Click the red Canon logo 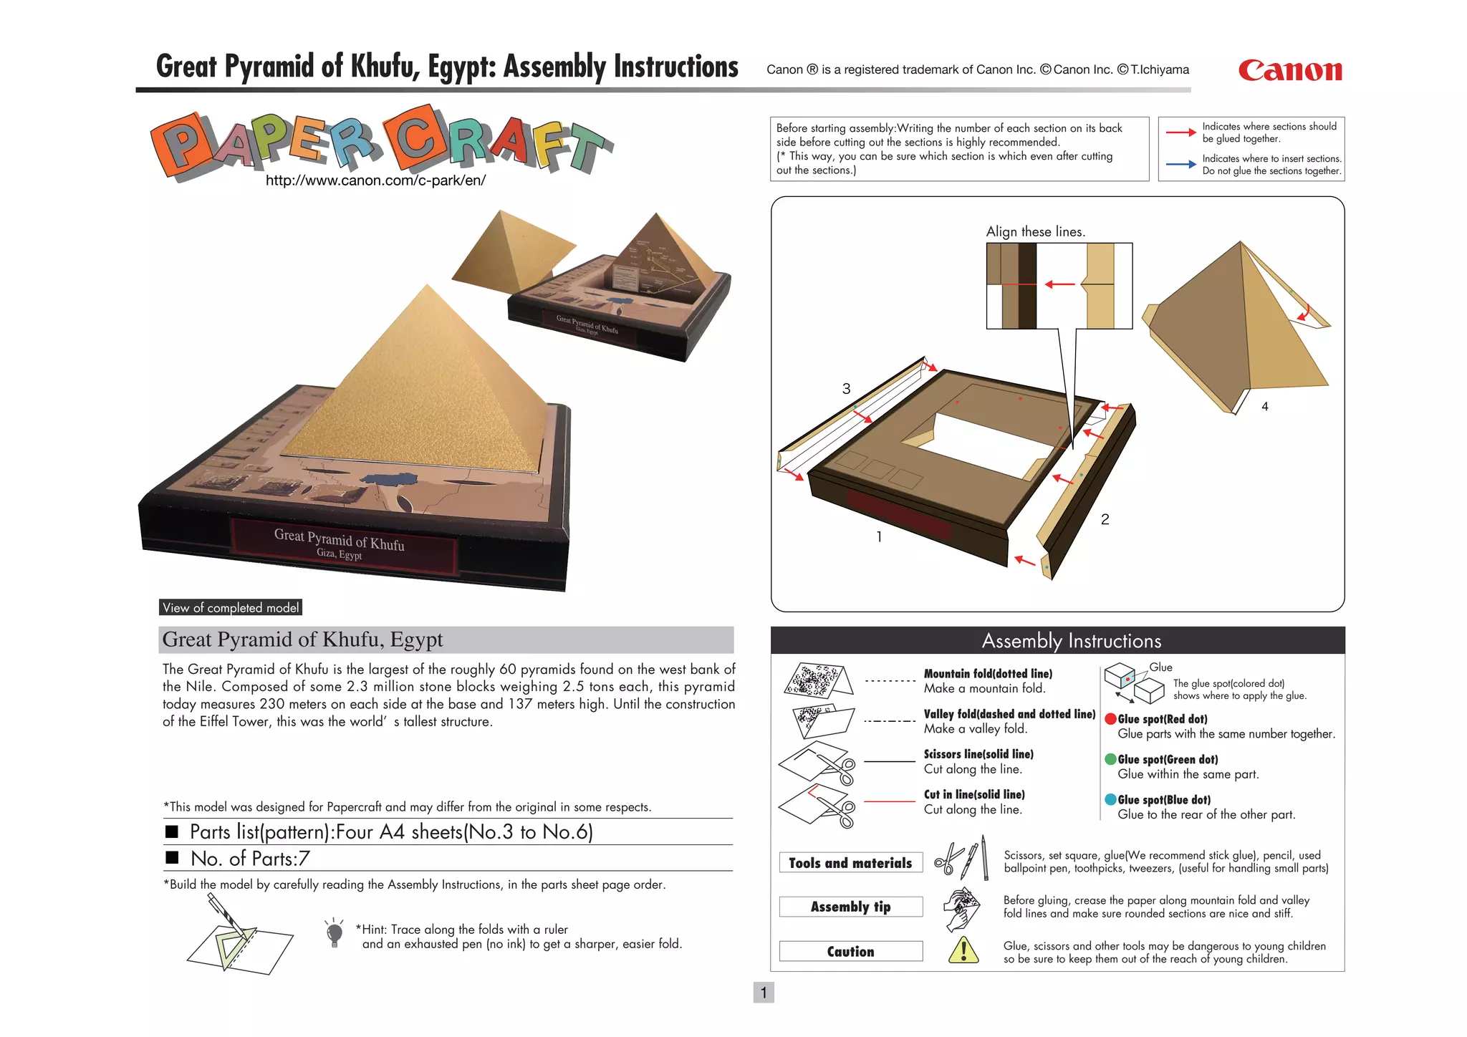point(1289,70)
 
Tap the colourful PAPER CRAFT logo point(381,141)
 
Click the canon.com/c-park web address point(375,180)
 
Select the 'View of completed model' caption point(230,607)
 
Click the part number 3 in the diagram point(846,389)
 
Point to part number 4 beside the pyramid point(1264,407)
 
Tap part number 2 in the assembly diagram point(1105,519)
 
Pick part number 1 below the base point(879,536)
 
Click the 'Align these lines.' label point(1035,231)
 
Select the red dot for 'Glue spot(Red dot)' point(1110,719)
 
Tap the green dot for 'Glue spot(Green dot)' point(1110,759)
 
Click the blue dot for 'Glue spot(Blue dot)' point(1110,799)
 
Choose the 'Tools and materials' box point(850,863)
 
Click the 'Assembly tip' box point(850,907)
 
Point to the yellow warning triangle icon point(963,950)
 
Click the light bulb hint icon point(334,933)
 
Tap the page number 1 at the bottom point(764,993)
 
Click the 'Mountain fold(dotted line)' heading point(988,673)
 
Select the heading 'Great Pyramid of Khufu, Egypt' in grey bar point(302,640)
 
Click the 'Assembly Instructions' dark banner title point(1071,640)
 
